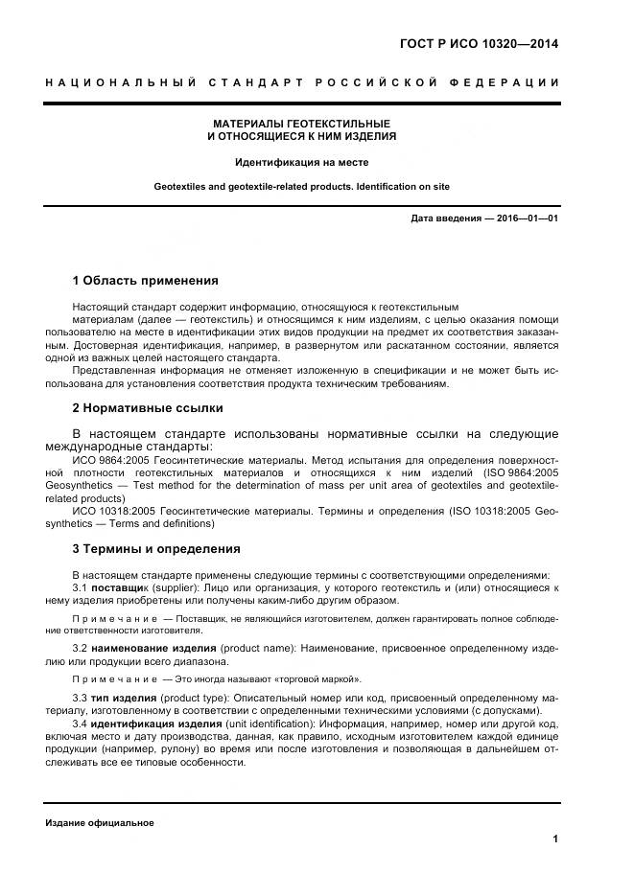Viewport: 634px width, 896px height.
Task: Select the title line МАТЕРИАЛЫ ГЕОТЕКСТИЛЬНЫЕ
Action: coord(301,125)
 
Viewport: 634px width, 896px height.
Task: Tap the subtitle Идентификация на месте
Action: coord(301,162)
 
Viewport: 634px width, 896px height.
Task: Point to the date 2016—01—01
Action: coord(527,218)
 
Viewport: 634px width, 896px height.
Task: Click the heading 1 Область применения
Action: coord(145,281)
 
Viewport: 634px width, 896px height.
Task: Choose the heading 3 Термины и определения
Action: coord(156,549)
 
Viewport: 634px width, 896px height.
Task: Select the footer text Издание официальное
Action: coord(99,823)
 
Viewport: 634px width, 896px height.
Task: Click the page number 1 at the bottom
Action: coord(555,839)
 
